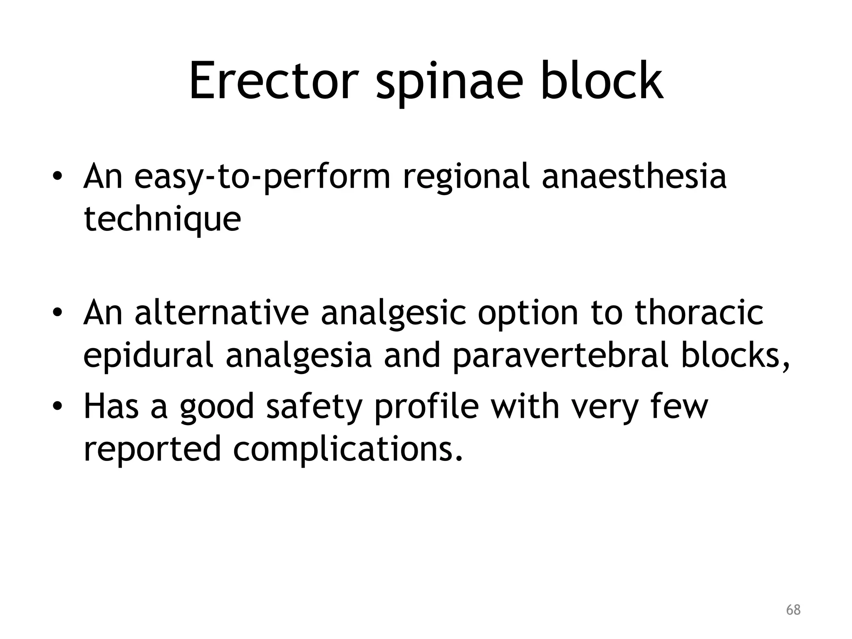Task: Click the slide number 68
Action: click(793, 610)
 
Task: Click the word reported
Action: click(152, 449)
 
